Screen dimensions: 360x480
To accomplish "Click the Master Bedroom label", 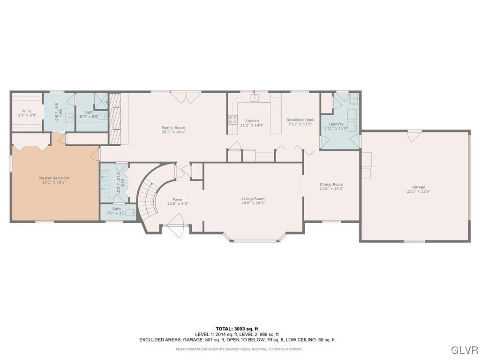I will (x=54, y=178).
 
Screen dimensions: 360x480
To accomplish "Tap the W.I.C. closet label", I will (x=27, y=111).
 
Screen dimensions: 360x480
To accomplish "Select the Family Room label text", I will (x=173, y=127).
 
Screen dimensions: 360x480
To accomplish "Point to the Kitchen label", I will (x=252, y=121).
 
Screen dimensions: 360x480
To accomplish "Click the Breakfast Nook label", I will (x=300, y=120).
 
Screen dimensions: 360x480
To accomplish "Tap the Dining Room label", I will (x=331, y=184).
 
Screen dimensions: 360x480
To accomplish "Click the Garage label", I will (x=419, y=187).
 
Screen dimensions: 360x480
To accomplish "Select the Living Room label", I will (x=253, y=199).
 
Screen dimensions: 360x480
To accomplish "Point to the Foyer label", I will (x=178, y=200).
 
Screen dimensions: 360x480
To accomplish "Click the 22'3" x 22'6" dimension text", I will (x=419, y=191).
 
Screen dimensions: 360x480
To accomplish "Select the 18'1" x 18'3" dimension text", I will (x=54, y=182).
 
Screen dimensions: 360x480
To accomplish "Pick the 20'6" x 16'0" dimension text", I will (x=253, y=203).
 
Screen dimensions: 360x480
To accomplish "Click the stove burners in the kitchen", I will (x=232, y=120).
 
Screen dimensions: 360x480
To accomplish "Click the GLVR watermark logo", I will (x=464, y=350).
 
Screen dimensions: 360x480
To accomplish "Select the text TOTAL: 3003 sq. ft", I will (x=237, y=329).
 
